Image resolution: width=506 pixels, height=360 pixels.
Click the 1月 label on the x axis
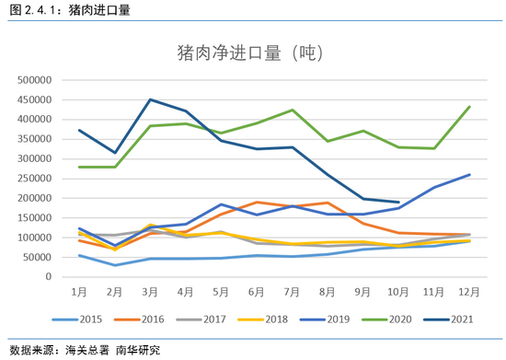pyautogui.click(x=81, y=291)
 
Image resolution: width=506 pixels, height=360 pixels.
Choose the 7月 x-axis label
pyautogui.click(x=293, y=291)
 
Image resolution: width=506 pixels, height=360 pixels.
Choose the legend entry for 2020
pyautogui.click(x=396, y=319)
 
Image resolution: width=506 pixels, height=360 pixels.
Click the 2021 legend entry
pyautogui.click(x=457, y=319)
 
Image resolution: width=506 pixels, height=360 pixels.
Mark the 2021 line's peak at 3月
pyautogui.click(x=151, y=99)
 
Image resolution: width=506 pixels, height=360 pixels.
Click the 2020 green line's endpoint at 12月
pyautogui.click(x=470, y=107)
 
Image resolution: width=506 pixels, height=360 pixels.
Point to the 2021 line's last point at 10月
pyautogui.click(x=398, y=202)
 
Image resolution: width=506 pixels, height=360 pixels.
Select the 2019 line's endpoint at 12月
pyautogui.click(x=470, y=175)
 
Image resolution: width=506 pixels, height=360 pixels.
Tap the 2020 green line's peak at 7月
pyautogui.click(x=293, y=110)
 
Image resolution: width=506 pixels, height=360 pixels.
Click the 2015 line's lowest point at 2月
pyautogui.click(x=116, y=265)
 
